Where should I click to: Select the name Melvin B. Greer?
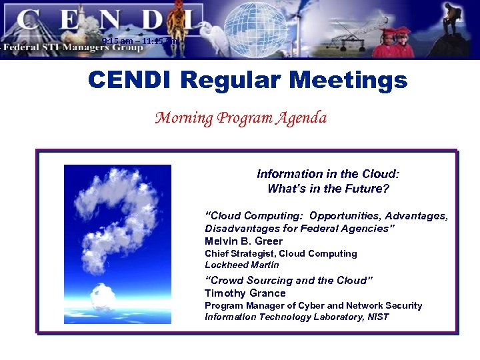243,241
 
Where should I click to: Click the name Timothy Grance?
245,293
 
